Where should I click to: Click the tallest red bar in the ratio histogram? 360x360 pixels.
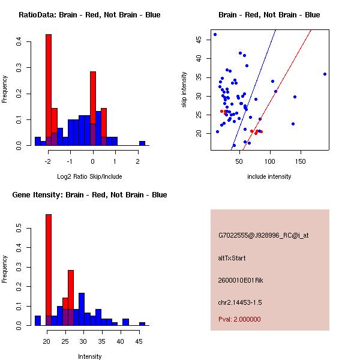[49, 90]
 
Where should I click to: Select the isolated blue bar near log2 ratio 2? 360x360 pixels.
[142, 143]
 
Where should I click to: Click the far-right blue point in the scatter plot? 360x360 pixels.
[325, 74]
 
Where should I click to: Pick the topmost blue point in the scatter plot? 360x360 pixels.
[215, 34]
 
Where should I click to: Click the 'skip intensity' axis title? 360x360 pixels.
[185, 90]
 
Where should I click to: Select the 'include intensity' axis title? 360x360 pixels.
[269, 176]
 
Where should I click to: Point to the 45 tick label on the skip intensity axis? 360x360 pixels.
[198, 40]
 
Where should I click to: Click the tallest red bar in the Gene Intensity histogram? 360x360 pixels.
[49, 269]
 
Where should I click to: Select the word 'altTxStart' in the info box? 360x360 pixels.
[232, 258]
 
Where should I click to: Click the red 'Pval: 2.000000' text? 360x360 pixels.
[239, 319]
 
